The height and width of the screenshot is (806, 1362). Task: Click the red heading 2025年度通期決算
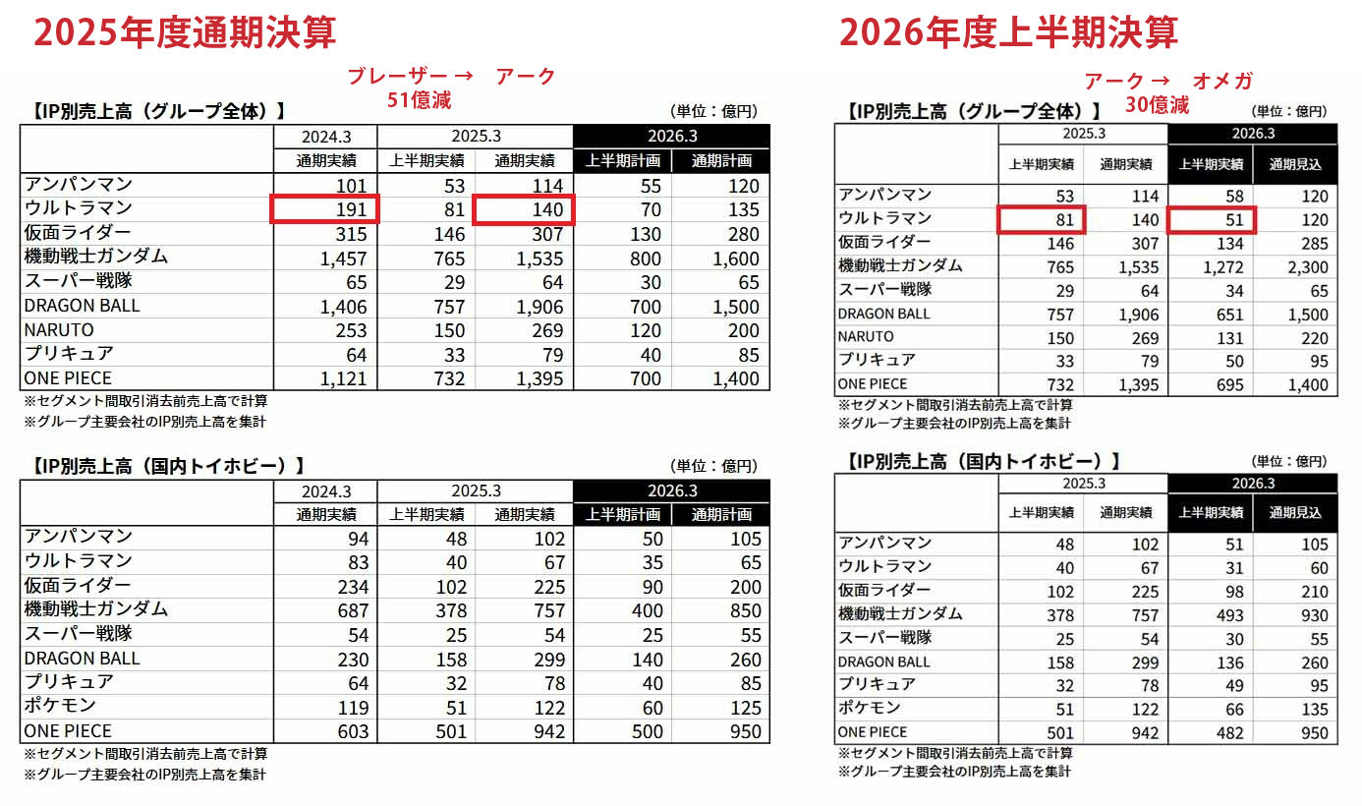[x=185, y=33]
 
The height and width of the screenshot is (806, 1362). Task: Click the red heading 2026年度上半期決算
[x=1009, y=33]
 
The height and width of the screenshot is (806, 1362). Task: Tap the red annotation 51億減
[x=419, y=99]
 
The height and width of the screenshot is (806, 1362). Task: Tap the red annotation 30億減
[x=1157, y=104]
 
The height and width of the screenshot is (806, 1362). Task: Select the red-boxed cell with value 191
[x=325, y=209]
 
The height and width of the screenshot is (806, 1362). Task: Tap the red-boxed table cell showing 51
[x=1211, y=220]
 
